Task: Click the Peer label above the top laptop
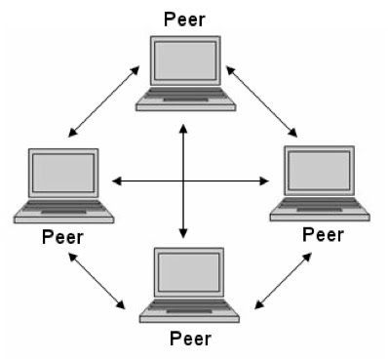(x=183, y=18)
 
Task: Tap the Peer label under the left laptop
(x=63, y=237)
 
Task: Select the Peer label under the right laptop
(x=323, y=234)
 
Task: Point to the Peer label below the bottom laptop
(x=190, y=339)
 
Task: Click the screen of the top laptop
(x=184, y=61)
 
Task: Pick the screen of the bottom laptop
(x=190, y=273)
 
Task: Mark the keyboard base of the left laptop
(x=64, y=212)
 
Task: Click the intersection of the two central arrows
(x=183, y=180)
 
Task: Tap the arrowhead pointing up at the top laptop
(x=183, y=128)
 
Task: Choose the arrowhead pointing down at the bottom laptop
(x=183, y=234)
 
